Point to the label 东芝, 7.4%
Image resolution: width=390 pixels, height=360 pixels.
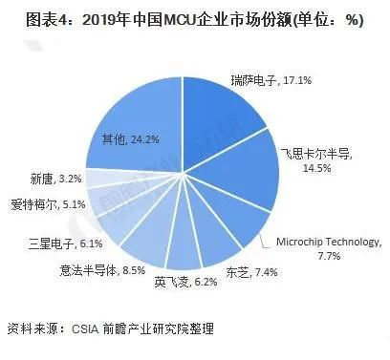point(249,272)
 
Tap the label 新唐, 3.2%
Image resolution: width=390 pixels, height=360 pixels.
point(54,178)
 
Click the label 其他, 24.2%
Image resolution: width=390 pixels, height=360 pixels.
point(131,139)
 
